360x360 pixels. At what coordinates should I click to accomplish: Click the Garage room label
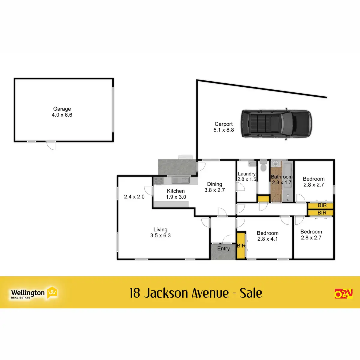click(x=62, y=109)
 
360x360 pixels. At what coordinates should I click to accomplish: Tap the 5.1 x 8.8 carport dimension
click(x=223, y=130)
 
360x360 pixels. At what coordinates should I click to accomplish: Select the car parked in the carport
click(x=276, y=124)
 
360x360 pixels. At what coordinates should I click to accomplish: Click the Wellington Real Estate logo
click(x=34, y=293)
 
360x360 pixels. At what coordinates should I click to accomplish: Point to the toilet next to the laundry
click(x=263, y=166)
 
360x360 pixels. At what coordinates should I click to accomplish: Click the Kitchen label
click(x=176, y=191)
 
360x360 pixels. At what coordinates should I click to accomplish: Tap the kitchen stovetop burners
click(x=158, y=181)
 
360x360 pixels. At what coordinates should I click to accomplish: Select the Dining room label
click(x=214, y=184)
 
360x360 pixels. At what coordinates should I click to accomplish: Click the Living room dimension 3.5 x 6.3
click(x=160, y=235)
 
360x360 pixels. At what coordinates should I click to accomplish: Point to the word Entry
click(x=223, y=248)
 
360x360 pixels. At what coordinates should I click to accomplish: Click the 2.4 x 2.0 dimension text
click(x=134, y=197)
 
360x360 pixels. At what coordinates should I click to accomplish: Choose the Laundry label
click(x=247, y=174)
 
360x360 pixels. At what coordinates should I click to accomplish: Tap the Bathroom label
click(x=281, y=177)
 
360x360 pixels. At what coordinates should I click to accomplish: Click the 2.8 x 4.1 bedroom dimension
click(x=268, y=239)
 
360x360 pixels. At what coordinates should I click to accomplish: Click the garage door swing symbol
click(x=51, y=145)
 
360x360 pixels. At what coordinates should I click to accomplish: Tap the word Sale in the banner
click(x=251, y=293)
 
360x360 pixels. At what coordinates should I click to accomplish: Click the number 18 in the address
click(x=135, y=293)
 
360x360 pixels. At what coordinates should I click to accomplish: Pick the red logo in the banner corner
click(x=343, y=293)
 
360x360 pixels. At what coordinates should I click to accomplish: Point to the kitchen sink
click(x=181, y=180)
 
